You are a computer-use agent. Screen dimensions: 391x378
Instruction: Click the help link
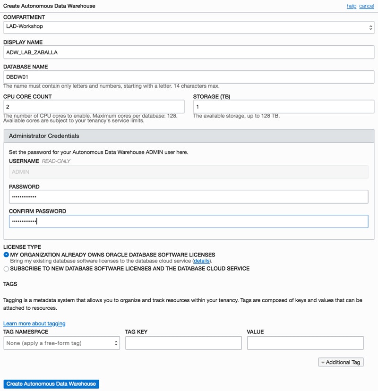click(x=351, y=6)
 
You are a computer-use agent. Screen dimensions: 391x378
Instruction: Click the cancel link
click(x=367, y=6)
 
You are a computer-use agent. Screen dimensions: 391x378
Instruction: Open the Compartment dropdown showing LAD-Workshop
click(x=189, y=27)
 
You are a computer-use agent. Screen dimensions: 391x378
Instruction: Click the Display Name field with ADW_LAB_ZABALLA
click(x=189, y=52)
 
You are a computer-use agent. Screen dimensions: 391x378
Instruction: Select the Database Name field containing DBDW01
click(x=189, y=77)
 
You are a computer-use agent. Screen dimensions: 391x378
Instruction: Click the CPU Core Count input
click(x=94, y=107)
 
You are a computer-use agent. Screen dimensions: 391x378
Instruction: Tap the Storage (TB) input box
click(x=283, y=107)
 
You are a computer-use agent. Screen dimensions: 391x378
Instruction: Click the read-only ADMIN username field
click(x=189, y=172)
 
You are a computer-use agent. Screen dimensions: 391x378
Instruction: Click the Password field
click(x=189, y=196)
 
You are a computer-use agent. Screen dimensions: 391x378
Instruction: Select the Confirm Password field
click(x=189, y=221)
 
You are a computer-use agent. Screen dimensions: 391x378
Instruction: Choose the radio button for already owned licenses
click(x=6, y=255)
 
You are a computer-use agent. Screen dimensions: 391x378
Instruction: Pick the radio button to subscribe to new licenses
click(x=6, y=269)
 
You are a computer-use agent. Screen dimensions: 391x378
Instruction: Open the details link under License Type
click(x=202, y=261)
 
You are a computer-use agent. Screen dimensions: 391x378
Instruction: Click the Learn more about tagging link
click(x=34, y=323)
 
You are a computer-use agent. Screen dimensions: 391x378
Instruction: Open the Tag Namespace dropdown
click(x=61, y=343)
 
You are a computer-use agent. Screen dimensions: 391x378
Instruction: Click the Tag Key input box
click(x=183, y=343)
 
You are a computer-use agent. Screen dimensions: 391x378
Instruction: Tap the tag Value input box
click(x=305, y=343)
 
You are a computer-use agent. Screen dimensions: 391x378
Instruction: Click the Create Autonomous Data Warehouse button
click(x=51, y=384)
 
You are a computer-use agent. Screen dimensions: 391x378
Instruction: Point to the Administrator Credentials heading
click(x=44, y=136)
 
